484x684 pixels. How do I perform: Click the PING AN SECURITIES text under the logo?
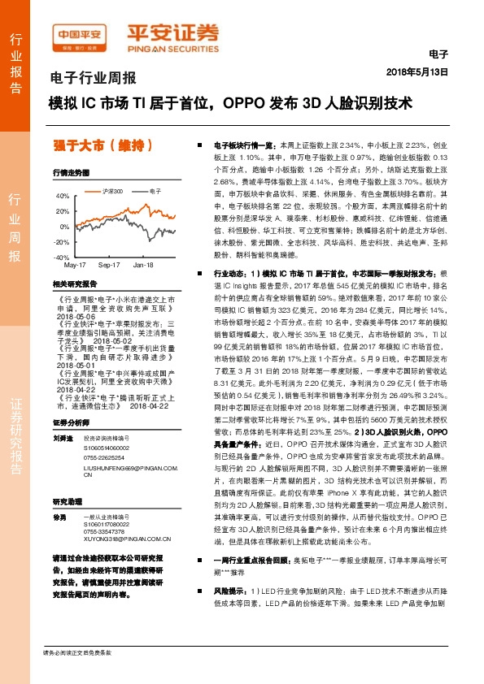point(173,48)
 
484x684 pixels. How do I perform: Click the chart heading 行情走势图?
point(71,173)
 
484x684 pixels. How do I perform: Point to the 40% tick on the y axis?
point(63,196)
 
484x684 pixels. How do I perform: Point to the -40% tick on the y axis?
point(61,257)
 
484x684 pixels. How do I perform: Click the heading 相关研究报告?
point(74,284)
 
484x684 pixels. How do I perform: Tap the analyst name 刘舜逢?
point(62,415)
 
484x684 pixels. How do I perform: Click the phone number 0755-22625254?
point(107,435)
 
